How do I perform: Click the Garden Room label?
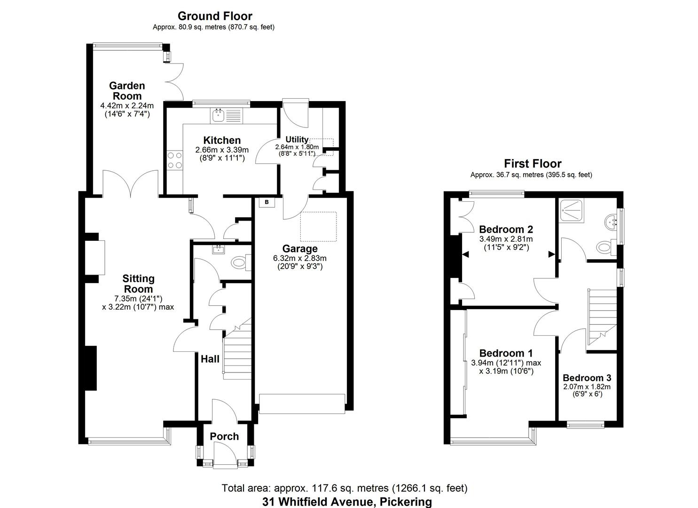(127, 91)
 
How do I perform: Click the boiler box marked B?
(267, 202)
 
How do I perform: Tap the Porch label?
(224, 437)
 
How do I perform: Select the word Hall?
(210, 359)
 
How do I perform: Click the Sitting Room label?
(138, 284)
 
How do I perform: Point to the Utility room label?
(297, 139)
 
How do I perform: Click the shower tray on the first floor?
(571, 211)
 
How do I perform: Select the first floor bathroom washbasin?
(612, 220)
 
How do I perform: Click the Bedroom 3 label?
(587, 378)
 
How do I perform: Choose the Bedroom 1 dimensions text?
(506, 367)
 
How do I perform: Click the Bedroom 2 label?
(506, 230)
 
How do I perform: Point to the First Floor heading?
(533, 164)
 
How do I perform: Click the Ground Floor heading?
(215, 16)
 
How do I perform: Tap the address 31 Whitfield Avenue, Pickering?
(347, 501)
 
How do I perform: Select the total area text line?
(345, 488)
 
